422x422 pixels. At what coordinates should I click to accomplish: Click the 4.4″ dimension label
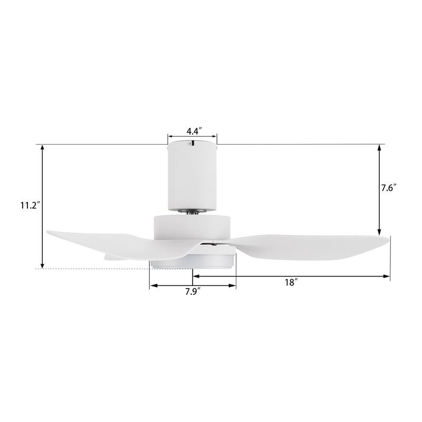(x=192, y=131)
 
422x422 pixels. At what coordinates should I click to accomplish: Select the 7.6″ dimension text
(x=388, y=188)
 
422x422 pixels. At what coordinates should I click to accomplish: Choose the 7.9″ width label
(x=192, y=292)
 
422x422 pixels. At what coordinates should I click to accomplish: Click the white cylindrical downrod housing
(x=192, y=177)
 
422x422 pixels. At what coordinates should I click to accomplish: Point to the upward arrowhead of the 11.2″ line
(x=42, y=148)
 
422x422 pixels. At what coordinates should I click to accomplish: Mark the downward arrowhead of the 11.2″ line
(x=42, y=265)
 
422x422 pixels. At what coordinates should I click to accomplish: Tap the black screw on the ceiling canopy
(x=194, y=143)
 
